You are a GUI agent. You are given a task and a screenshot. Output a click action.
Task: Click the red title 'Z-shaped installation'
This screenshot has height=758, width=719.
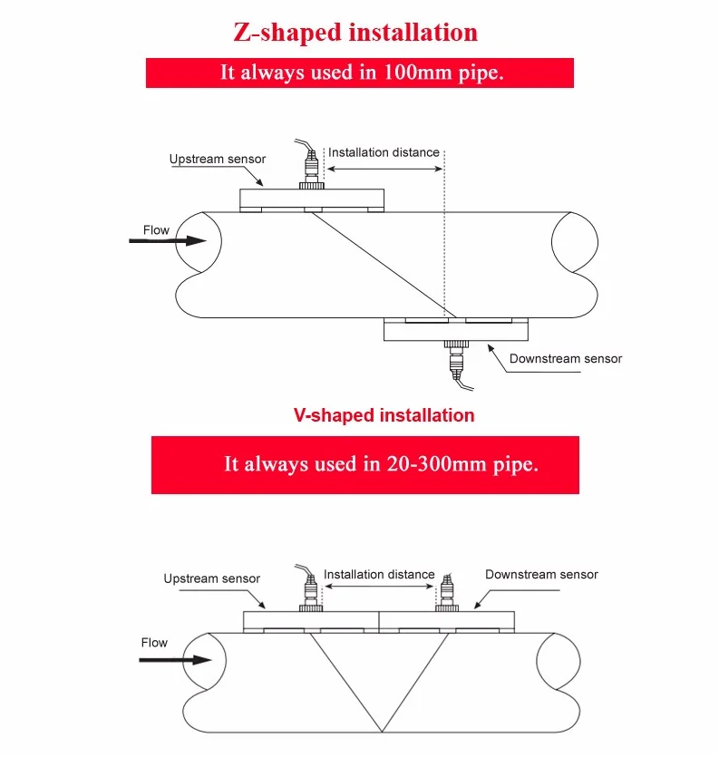click(355, 33)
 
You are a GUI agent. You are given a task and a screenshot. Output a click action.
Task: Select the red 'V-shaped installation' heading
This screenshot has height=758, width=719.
click(384, 415)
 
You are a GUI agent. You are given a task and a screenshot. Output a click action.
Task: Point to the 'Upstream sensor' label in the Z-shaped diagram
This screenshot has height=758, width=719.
click(218, 160)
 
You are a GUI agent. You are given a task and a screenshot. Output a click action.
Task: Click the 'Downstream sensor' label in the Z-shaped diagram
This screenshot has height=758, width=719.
click(565, 359)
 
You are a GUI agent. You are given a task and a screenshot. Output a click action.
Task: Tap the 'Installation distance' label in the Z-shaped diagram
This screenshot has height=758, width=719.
click(384, 152)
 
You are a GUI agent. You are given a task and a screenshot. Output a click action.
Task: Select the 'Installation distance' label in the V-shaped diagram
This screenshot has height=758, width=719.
click(379, 574)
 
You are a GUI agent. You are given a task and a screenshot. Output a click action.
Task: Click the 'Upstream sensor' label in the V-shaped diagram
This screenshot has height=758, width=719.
click(211, 578)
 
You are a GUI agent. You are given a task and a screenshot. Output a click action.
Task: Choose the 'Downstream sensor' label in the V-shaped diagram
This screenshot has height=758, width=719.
click(541, 574)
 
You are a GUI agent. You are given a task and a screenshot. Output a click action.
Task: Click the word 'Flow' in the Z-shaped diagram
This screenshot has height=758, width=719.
click(156, 230)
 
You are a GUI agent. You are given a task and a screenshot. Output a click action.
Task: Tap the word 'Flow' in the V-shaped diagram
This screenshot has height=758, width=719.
click(154, 643)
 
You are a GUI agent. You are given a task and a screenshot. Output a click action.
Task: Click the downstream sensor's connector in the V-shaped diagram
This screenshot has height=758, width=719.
click(446, 593)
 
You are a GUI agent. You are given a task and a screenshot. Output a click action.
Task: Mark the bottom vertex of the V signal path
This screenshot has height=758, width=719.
click(379, 731)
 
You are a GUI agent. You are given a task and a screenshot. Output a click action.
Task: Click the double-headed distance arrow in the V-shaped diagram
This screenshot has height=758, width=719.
click(379, 588)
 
